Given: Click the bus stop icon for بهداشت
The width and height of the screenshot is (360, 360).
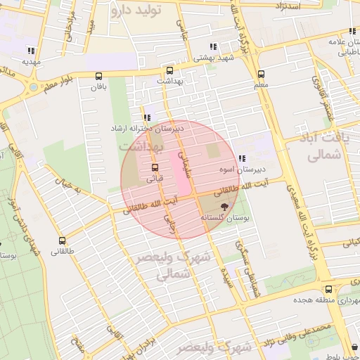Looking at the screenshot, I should pos(169,71).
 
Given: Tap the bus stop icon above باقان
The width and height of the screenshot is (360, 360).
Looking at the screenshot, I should pos(98,76).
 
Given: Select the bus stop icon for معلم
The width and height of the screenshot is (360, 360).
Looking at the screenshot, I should pos(261,74).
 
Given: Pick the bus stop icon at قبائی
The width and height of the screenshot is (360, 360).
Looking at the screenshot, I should pos(154,167).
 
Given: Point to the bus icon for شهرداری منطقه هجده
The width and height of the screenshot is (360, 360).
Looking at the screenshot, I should pos(328,289).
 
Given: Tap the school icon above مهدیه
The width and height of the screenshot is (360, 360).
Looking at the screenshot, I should pos(30,51).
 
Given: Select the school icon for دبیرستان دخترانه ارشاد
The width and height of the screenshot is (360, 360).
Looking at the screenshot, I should pos(146,118).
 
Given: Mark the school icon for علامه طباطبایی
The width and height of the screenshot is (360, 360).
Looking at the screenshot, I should pos(351,32).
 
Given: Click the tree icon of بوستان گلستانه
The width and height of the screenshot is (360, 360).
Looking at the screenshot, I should pos(224,207).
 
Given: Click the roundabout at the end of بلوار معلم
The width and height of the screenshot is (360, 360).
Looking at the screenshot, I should pos(33,86).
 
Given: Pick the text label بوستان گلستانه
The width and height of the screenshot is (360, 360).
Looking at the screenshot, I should pos(226,218).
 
